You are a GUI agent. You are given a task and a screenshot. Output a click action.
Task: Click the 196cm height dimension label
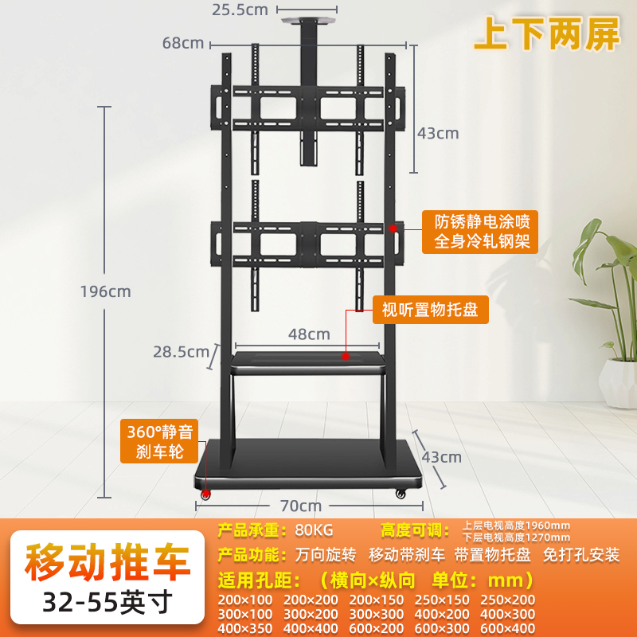tap(105, 291)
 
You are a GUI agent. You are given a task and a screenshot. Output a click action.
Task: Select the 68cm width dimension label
tap(183, 43)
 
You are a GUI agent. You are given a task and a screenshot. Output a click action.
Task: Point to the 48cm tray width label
tap(308, 334)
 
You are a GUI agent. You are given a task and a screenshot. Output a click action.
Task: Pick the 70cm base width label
tap(300, 505)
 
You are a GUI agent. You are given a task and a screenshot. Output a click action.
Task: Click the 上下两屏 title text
tap(546, 36)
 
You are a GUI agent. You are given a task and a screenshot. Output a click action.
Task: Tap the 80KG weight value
tap(314, 530)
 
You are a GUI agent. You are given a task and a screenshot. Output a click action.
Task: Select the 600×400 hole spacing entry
tap(508, 629)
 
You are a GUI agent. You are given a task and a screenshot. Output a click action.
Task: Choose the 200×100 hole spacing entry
tap(245, 600)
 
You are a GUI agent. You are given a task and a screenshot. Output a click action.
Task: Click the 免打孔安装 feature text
tap(582, 554)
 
